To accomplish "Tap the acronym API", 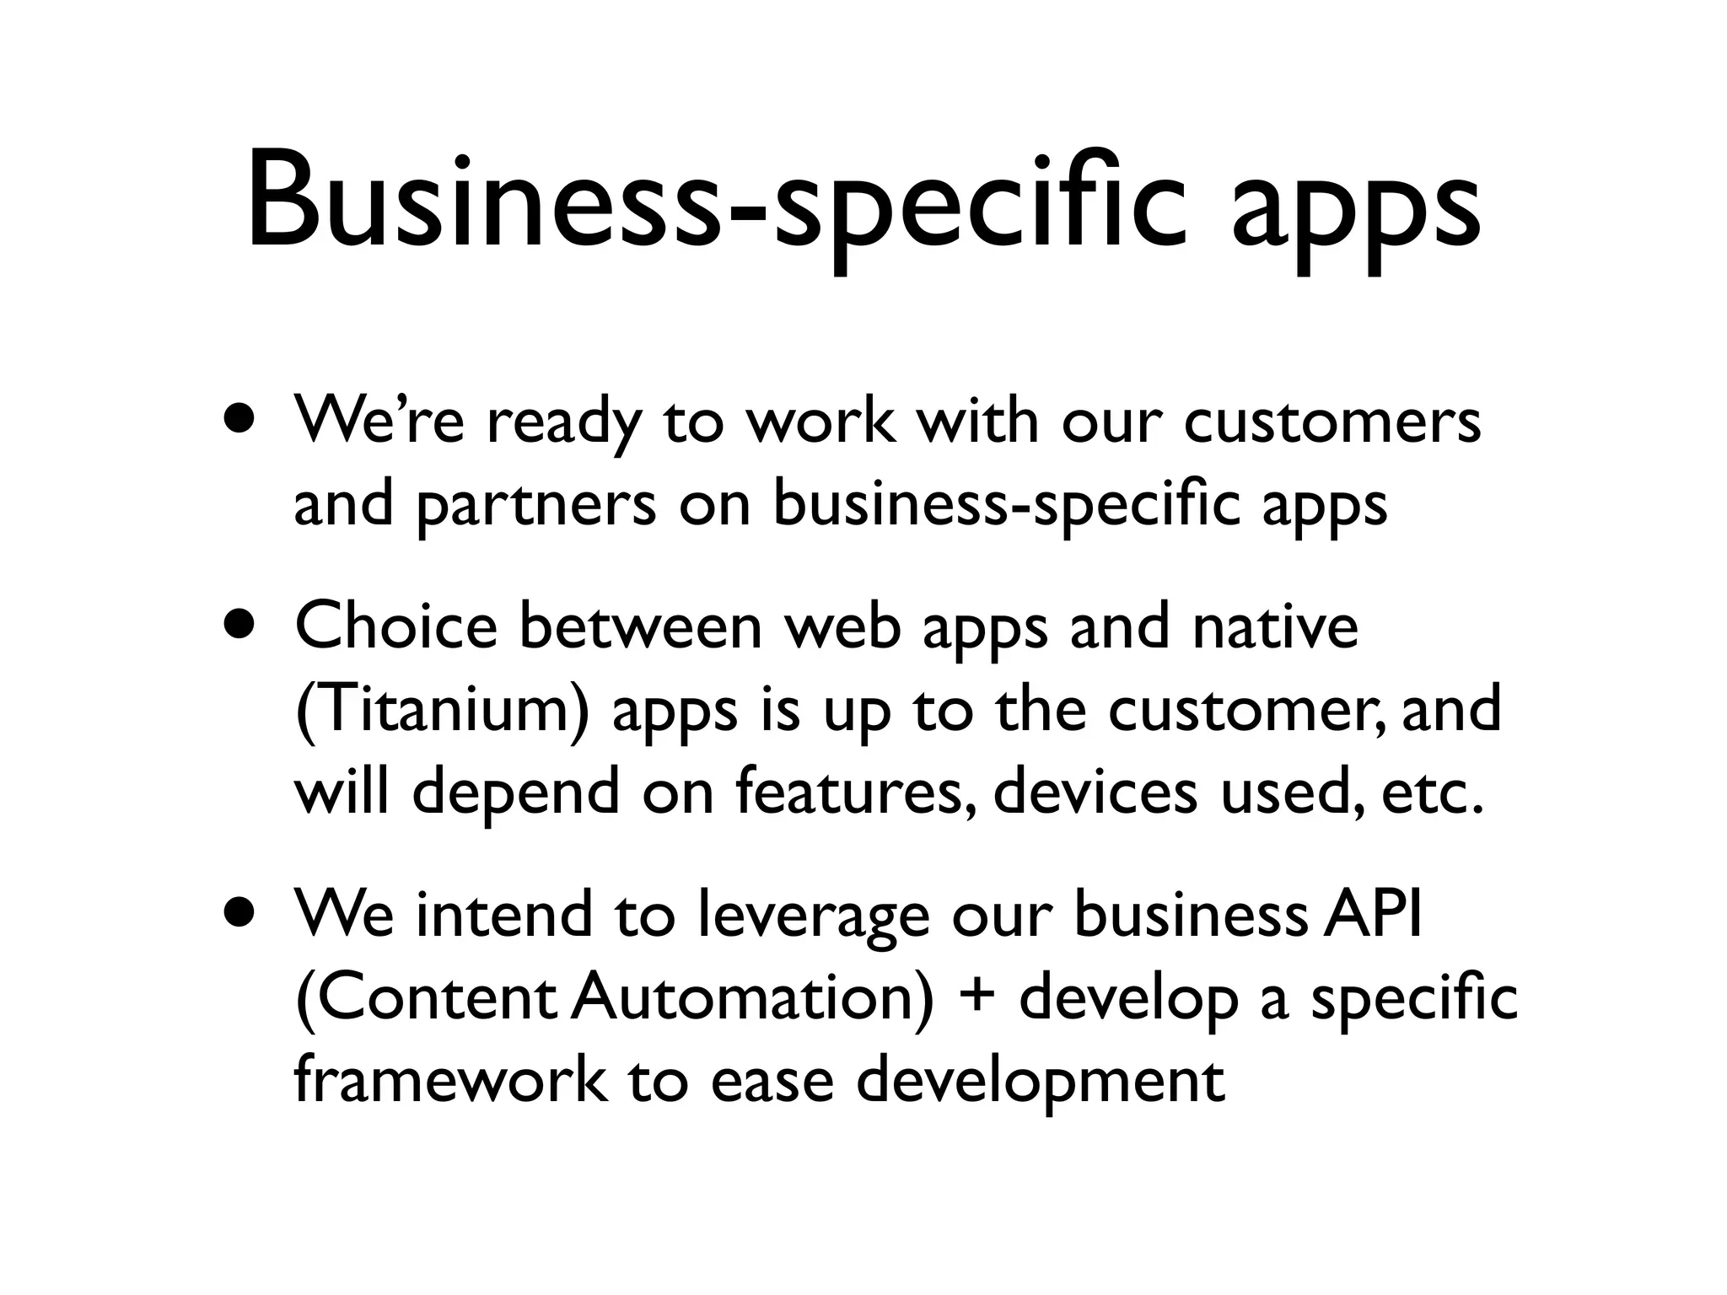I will click(1373, 915).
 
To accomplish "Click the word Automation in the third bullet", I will click(751, 998).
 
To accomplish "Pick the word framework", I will click(450, 1080).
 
